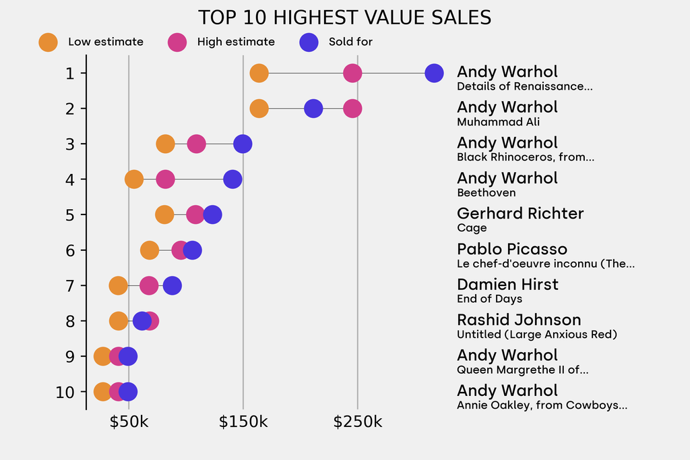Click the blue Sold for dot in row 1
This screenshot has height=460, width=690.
tap(435, 73)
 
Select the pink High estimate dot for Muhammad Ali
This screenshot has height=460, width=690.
tap(352, 109)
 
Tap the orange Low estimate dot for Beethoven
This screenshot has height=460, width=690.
tap(134, 179)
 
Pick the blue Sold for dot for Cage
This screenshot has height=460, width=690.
tap(212, 214)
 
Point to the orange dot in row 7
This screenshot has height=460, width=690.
tap(118, 285)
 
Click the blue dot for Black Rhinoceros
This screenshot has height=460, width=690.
tap(243, 144)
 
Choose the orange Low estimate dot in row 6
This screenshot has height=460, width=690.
tap(150, 250)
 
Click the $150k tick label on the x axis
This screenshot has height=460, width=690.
tap(243, 423)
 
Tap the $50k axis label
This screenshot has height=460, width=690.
tap(129, 423)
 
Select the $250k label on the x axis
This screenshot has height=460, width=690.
tap(358, 423)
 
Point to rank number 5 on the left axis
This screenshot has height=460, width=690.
tap(70, 214)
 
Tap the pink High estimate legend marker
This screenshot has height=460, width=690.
tap(178, 42)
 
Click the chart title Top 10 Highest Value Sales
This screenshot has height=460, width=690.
tap(344, 18)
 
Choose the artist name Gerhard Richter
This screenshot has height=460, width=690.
tap(520, 213)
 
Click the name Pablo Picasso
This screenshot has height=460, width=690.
tap(512, 249)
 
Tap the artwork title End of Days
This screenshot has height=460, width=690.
tap(489, 299)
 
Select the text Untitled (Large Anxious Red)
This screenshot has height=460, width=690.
tap(537, 335)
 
